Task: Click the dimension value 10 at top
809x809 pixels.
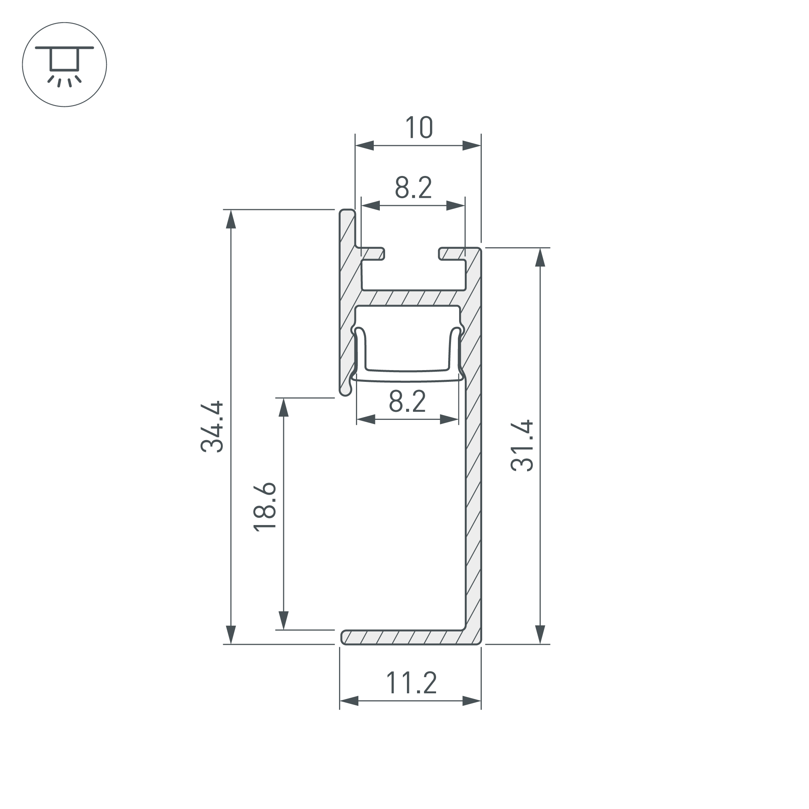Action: (419, 128)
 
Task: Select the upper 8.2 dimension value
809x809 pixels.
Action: (413, 188)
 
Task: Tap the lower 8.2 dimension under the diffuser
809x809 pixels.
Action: (407, 401)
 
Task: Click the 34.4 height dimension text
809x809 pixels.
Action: (212, 427)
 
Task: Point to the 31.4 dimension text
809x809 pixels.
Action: (522, 446)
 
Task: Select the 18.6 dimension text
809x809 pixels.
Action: (265, 507)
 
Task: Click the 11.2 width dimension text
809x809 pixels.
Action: (411, 683)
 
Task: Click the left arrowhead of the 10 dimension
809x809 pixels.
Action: (364, 146)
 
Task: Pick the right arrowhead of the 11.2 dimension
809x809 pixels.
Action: (472, 701)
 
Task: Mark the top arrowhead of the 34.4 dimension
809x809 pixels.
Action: (231, 219)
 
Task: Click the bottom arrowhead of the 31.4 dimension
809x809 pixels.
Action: (540, 634)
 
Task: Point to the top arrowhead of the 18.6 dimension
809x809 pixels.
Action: (284, 407)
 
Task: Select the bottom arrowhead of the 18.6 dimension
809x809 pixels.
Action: (284, 620)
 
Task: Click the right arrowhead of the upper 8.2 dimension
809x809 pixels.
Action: (455, 205)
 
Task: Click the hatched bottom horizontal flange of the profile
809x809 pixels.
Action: (402, 637)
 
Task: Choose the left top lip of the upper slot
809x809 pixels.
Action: (373, 253)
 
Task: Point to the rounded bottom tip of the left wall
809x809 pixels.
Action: (345, 391)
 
